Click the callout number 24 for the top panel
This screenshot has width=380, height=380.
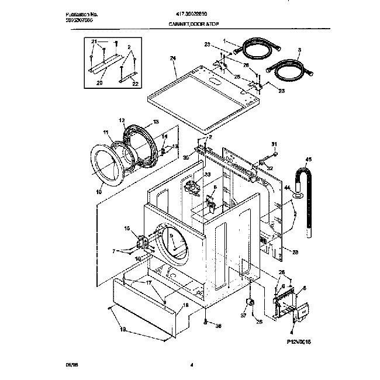tap(172, 57)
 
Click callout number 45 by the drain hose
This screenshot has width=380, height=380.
tap(309, 158)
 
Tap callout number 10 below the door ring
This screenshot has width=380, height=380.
tap(99, 191)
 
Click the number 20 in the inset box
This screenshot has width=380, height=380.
tap(99, 82)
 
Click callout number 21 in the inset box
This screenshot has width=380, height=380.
tap(94, 42)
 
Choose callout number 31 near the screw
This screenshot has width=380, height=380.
tap(274, 144)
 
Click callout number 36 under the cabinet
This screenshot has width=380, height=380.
tap(219, 326)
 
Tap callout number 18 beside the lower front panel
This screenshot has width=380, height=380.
tap(186, 305)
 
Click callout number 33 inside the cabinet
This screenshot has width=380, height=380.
tap(190, 174)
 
